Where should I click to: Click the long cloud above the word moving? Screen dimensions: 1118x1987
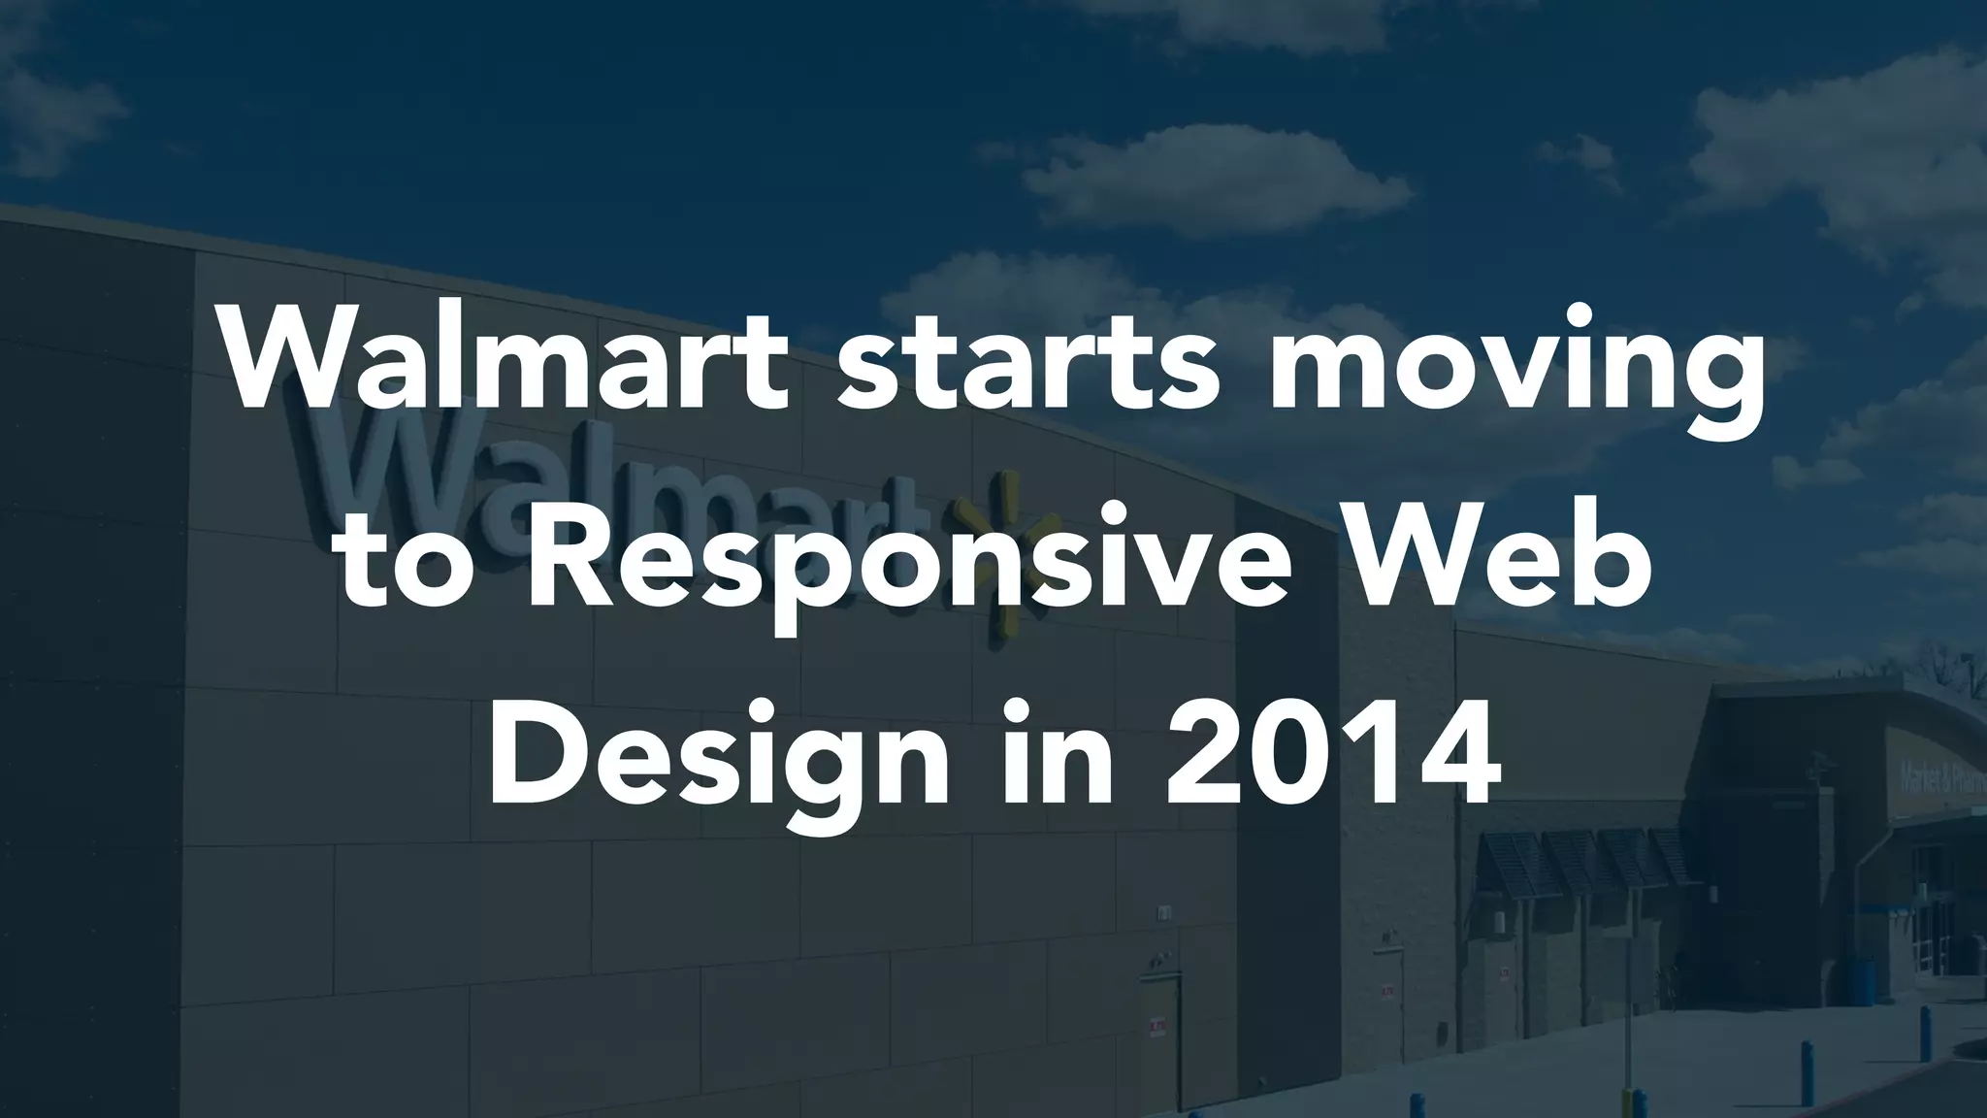[1213, 180]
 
